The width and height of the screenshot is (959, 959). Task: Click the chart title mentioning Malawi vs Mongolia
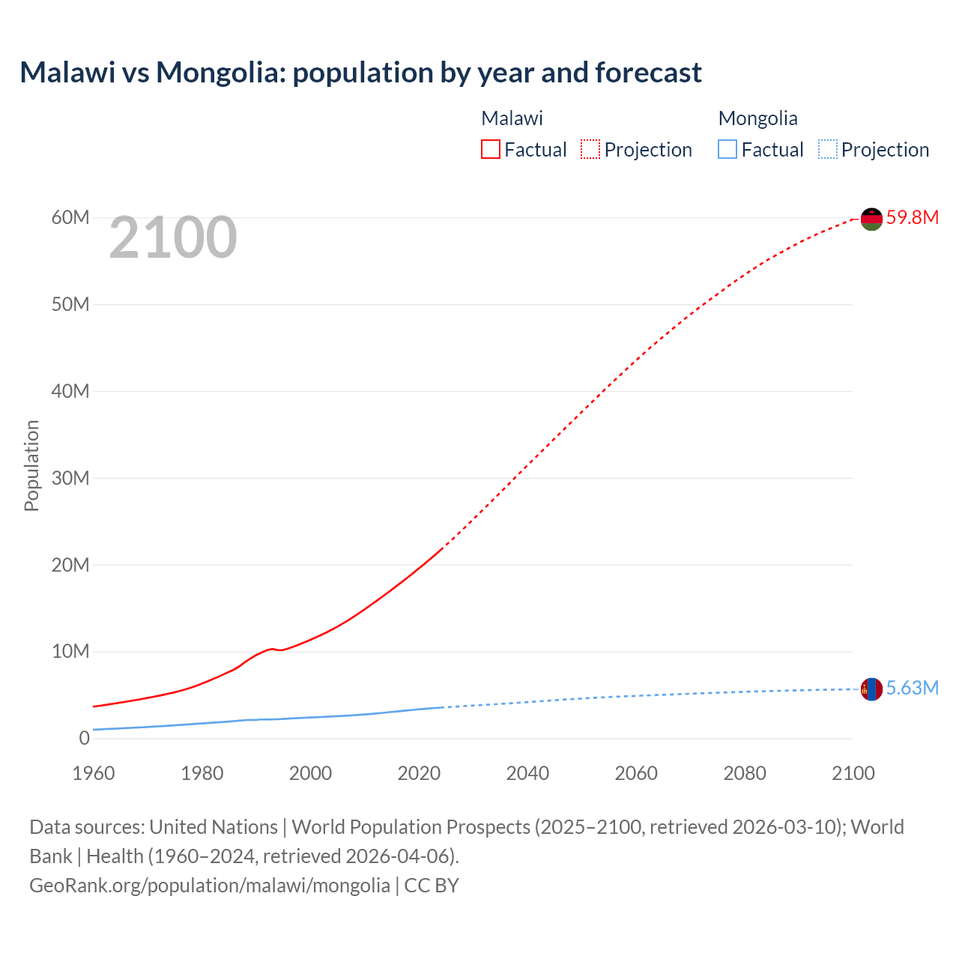tap(360, 73)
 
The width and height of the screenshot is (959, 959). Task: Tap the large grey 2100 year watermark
tap(173, 238)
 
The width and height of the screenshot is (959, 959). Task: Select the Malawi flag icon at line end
tap(871, 219)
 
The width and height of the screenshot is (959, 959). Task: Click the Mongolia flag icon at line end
tap(871, 689)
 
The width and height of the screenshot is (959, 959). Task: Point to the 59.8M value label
tap(912, 218)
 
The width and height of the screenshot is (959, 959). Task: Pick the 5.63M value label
tap(912, 689)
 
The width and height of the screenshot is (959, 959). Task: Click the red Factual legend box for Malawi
tap(491, 150)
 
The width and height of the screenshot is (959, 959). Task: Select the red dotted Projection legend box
tap(590, 150)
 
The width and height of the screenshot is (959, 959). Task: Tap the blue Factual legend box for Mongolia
tap(727, 150)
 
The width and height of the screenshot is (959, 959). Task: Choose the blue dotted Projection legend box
tap(827, 150)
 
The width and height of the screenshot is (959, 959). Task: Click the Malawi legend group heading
tap(512, 118)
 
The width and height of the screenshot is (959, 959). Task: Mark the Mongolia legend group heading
tap(757, 118)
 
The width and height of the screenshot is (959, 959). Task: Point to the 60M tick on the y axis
tap(70, 218)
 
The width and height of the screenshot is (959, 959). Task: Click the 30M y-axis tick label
tap(70, 478)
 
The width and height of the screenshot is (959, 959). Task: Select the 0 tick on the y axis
tap(84, 738)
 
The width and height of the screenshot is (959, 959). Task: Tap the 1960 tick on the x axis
tap(94, 773)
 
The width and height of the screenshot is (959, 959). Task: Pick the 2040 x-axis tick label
tap(527, 773)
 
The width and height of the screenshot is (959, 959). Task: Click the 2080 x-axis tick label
tap(745, 773)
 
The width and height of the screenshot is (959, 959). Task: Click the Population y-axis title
tap(31, 465)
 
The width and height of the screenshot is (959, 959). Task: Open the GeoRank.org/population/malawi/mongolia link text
tap(210, 886)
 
